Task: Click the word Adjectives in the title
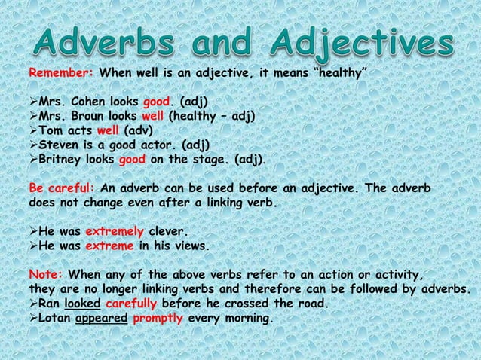click(351, 43)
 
